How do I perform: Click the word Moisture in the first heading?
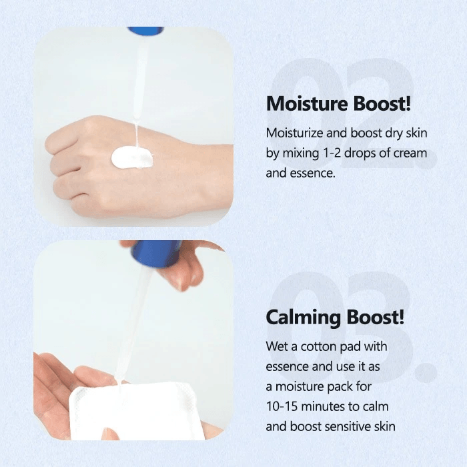(x=307, y=103)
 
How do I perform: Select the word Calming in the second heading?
(x=303, y=318)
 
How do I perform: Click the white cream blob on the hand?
(x=132, y=157)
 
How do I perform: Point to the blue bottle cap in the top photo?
(x=145, y=31)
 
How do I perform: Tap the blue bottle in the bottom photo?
(x=156, y=253)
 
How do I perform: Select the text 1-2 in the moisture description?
(x=332, y=153)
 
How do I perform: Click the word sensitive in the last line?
(x=348, y=426)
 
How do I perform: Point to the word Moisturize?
(x=294, y=133)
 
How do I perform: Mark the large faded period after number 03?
(x=426, y=372)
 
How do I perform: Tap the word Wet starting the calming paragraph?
(x=277, y=347)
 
